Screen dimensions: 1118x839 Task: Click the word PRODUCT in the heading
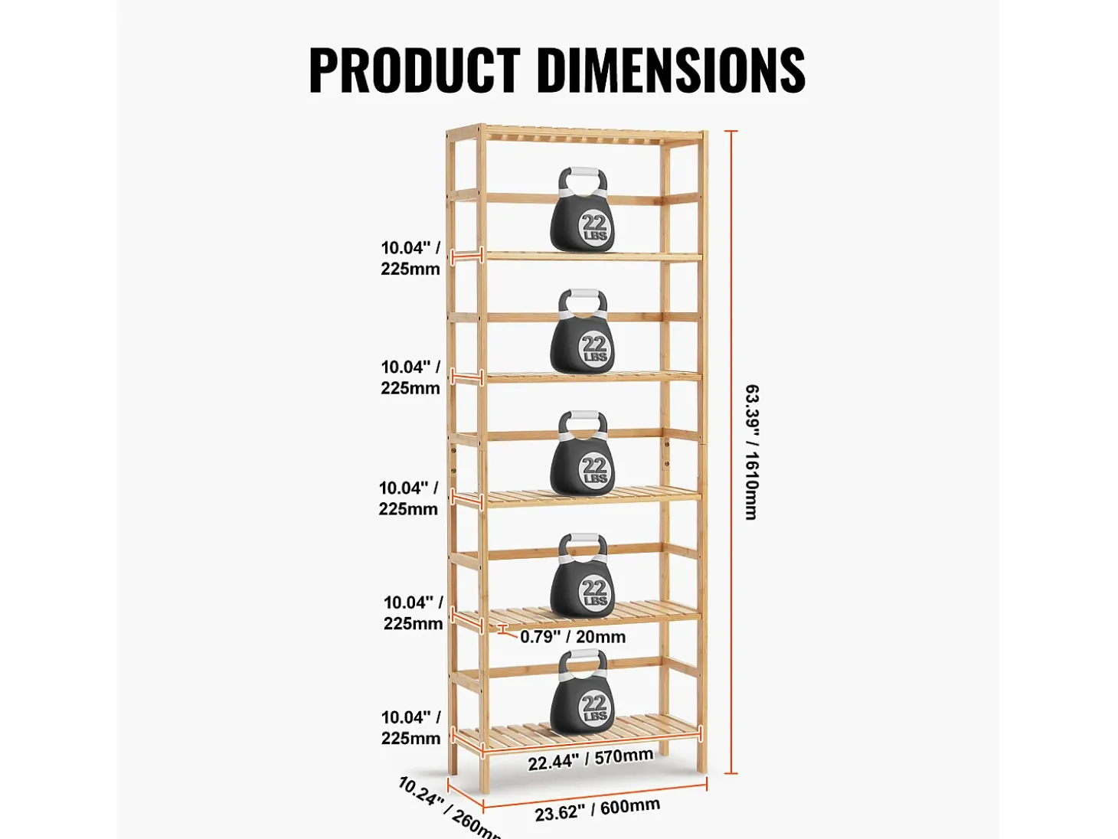point(414,70)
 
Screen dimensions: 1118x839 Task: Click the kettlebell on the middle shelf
point(582,452)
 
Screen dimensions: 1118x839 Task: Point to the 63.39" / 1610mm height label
point(752,452)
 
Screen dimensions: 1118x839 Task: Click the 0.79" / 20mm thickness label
point(573,636)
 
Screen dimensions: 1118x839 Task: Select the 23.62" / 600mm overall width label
point(597,809)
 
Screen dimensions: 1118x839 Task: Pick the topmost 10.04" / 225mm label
point(410,258)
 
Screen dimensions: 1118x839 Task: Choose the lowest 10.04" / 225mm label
point(411,727)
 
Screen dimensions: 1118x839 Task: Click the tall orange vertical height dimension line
point(731,452)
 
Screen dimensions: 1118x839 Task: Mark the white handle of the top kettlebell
point(582,178)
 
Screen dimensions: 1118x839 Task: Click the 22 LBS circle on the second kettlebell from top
point(594,348)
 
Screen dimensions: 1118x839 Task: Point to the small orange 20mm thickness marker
point(503,630)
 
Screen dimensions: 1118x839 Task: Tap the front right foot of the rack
point(702,764)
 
